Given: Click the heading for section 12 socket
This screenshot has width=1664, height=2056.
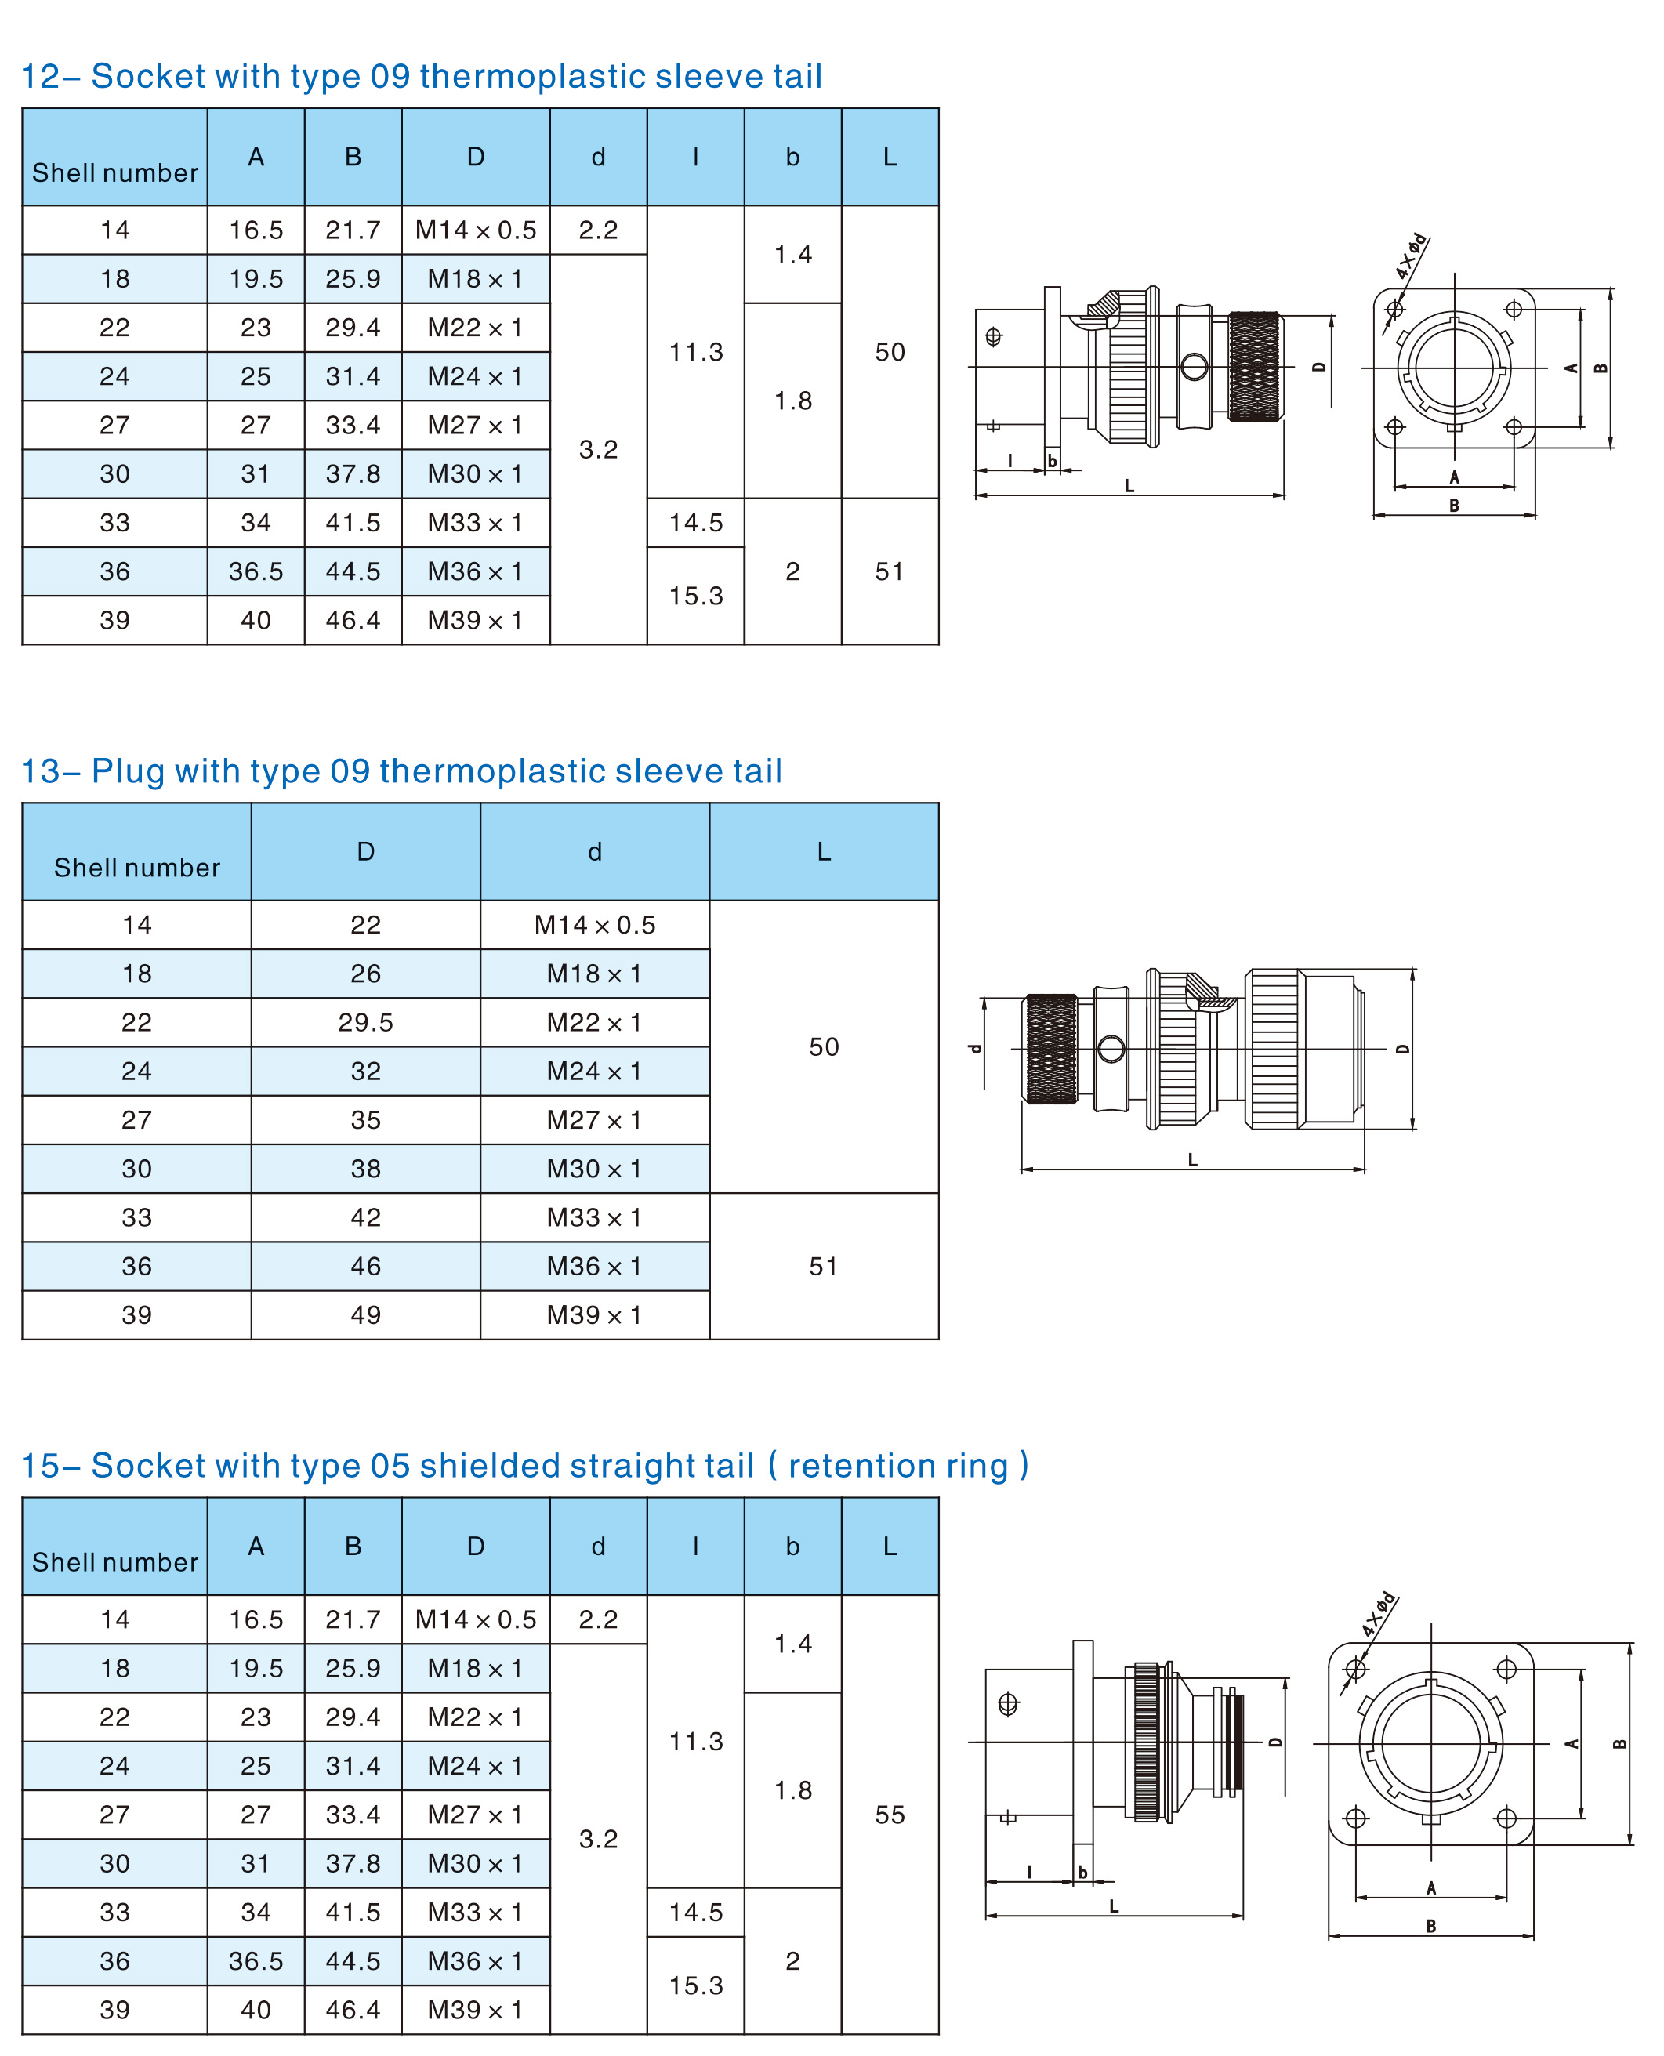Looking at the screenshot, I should click(422, 77).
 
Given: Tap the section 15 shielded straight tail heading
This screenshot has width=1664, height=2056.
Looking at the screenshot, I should click(524, 1466).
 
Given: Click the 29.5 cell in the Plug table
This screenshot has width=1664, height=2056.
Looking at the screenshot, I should click(365, 1023).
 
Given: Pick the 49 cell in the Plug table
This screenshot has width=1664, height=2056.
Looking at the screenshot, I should click(365, 1315).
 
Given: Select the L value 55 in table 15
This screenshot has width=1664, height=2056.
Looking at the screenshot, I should click(890, 1815).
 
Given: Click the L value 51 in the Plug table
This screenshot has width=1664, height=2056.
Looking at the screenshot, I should click(823, 1266).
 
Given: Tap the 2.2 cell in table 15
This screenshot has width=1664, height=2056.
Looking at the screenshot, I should click(598, 1620).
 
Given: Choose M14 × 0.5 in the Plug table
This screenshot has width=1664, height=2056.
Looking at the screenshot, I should click(594, 925).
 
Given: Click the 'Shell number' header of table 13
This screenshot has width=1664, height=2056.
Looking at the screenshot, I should click(137, 868).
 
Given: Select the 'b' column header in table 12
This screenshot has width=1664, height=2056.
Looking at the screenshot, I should click(792, 158).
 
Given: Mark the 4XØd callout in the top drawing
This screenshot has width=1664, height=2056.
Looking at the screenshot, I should click(1411, 256).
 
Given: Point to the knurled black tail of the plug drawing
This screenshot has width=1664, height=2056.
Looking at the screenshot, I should click(1052, 1049).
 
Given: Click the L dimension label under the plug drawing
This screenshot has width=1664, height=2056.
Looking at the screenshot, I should click(1192, 1160).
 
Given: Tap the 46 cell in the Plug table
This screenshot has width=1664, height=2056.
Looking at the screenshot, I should click(365, 1266).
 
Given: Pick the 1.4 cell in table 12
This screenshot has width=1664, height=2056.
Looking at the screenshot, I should click(792, 254).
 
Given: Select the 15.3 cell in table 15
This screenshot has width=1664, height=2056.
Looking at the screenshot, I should click(696, 1985).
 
